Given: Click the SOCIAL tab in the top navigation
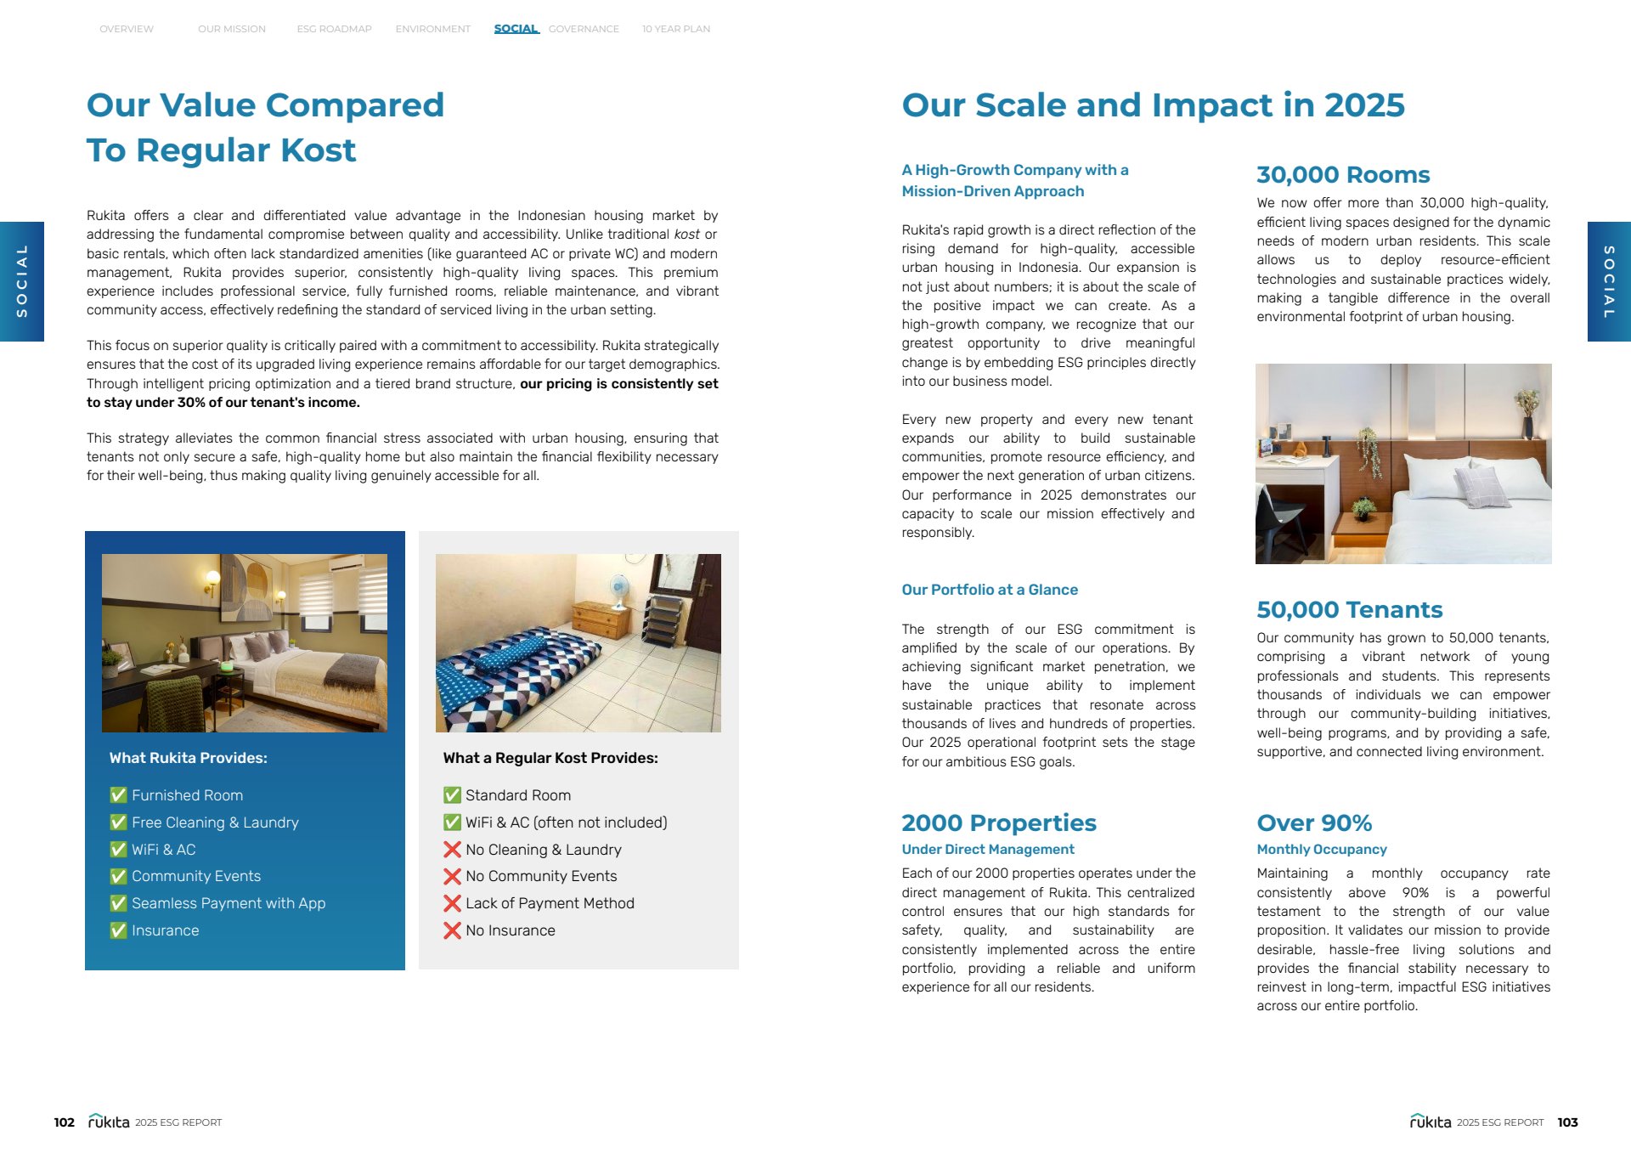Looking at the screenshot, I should pos(516,29).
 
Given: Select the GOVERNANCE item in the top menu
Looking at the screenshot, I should pos(584,29).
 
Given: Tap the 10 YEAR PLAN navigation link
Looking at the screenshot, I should pos(675,29).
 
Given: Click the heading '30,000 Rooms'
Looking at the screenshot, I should pos(1342,175).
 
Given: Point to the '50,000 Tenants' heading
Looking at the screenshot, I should pos(1349,610).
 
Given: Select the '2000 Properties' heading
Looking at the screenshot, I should pos(998,823).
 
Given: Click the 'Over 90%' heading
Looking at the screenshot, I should pos(1314,823).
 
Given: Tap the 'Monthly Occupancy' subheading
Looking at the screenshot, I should pos(1321,850).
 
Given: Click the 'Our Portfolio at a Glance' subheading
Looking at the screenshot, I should pos(989,590).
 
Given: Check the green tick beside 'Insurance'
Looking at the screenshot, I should pos(118,930).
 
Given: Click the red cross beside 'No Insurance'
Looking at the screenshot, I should pos(452,930).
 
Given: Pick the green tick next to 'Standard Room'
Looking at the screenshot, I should pos(452,795).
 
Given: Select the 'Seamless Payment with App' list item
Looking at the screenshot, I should pos(228,903).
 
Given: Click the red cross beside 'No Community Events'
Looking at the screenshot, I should pos(452,876).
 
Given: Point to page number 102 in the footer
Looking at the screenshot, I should pos(64,1122).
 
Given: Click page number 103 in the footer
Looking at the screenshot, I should pos(1567,1122).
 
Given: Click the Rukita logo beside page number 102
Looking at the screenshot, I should pos(109,1122).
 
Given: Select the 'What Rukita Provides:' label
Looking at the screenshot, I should pos(188,758).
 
